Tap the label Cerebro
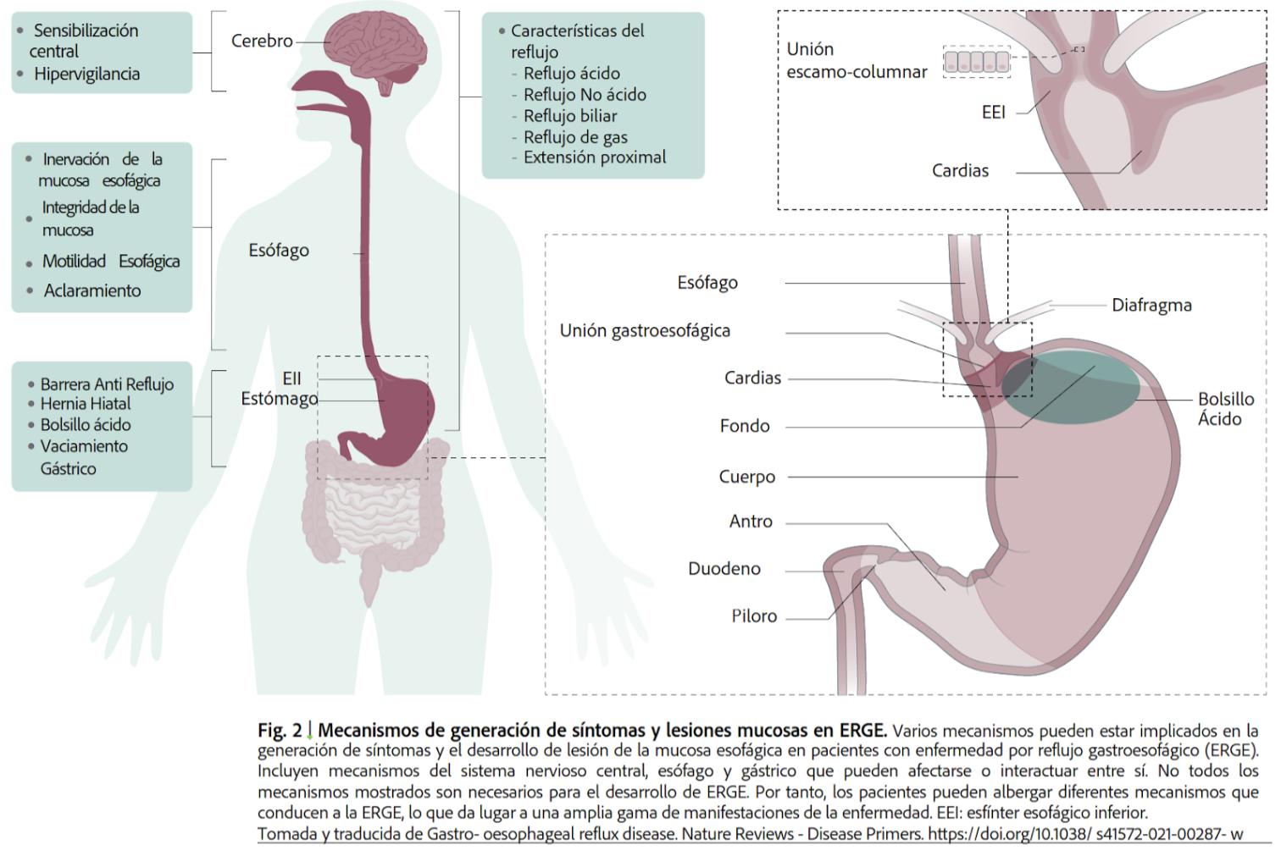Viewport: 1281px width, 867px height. click(x=262, y=41)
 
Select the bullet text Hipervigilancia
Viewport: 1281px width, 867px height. click(x=86, y=74)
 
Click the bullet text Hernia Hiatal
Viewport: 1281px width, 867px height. click(x=86, y=404)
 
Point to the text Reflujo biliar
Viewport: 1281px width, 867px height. click(x=569, y=116)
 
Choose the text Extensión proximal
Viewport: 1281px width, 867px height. click(x=594, y=157)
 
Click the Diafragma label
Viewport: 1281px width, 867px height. click(x=1151, y=305)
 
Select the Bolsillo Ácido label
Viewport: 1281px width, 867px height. click(x=1224, y=409)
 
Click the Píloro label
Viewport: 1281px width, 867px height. click(x=754, y=616)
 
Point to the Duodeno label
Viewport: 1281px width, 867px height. click(x=724, y=569)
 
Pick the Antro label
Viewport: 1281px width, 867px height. click(x=751, y=522)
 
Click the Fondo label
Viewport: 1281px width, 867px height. click(x=745, y=426)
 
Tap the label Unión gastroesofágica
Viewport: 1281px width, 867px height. click(x=645, y=331)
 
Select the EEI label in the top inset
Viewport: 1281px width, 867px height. click(x=993, y=113)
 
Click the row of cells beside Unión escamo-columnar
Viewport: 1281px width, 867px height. click(x=977, y=62)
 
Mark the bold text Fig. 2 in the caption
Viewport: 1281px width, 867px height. click(x=280, y=730)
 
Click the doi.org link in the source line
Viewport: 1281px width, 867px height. click(x=1085, y=834)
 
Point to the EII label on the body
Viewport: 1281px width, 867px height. click(x=291, y=378)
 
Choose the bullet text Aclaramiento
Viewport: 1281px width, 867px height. click(x=92, y=290)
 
